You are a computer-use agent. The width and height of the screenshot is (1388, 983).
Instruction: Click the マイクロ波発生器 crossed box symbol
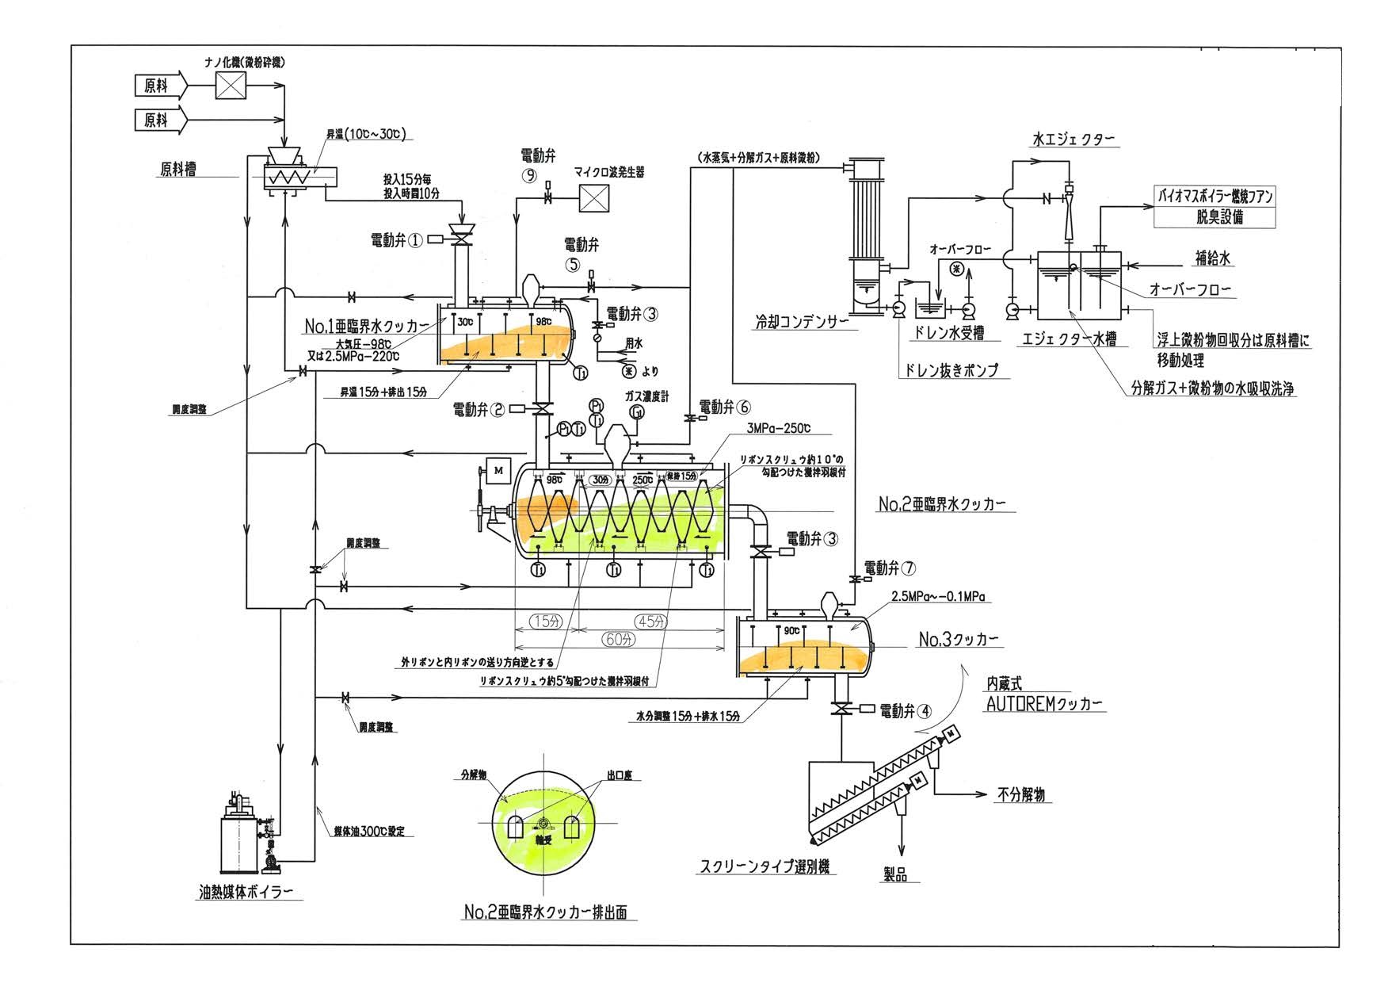593,197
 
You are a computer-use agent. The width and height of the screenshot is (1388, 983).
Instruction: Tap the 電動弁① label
397,239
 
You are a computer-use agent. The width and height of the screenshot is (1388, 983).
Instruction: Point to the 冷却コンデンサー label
801,323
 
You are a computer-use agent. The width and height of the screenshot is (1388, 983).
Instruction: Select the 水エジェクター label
1073,140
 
